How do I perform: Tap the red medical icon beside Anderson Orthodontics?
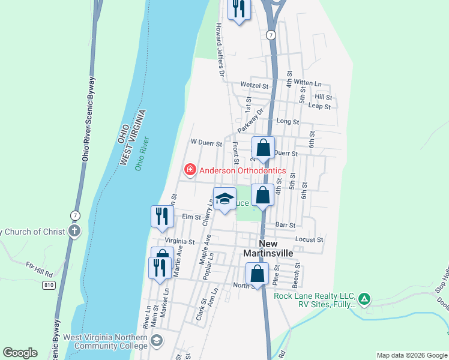[190, 170]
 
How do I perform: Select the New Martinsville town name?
[268, 248]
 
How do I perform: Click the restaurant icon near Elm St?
[161, 216]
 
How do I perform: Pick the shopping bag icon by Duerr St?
[263, 148]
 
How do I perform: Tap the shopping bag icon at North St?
[257, 274]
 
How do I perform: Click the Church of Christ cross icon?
[74, 232]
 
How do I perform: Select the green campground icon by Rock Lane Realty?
[364, 298]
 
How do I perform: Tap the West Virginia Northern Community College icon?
[157, 341]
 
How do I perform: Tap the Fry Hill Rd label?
[39, 268]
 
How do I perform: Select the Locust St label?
[310, 239]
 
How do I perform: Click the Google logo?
[20, 353]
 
